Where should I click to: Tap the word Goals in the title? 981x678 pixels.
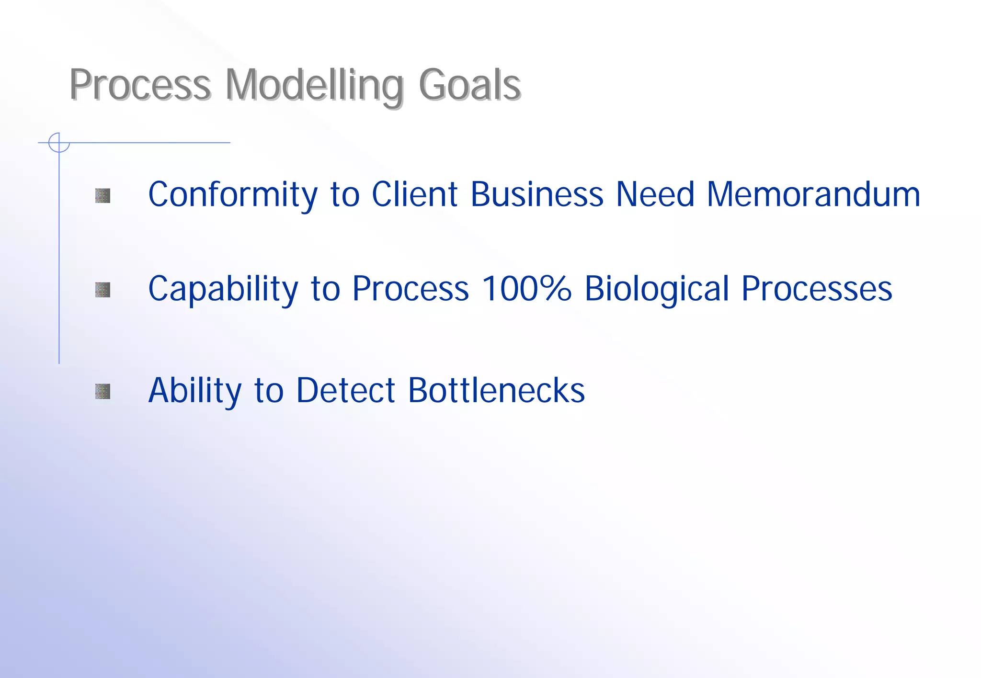(x=469, y=85)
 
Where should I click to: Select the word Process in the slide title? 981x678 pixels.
(x=140, y=85)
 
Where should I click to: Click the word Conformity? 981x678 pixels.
(x=233, y=195)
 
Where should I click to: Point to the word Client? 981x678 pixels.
(x=415, y=195)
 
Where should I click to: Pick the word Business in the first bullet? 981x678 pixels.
(x=537, y=195)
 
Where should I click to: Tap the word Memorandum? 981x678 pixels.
(x=813, y=195)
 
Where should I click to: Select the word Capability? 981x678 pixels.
(x=223, y=289)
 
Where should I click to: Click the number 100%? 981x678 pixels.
(x=526, y=289)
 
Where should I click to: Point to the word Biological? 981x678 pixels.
(x=657, y=289)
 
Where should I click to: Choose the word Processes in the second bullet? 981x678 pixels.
(x=817, y=289)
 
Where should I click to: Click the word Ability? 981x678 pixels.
(x=195, y=391)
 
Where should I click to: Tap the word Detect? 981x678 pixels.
(x=346, y=391)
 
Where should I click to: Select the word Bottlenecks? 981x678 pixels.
(x=496, y=391)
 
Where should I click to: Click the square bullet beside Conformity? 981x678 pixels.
(x=103, y=195)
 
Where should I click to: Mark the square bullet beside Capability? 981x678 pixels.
(x=103, y=290)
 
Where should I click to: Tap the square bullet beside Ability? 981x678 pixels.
(x=103, y=391)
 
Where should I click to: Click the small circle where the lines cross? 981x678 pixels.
(x=59, y=143)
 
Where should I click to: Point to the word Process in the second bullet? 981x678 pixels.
(x=411, y=289)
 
